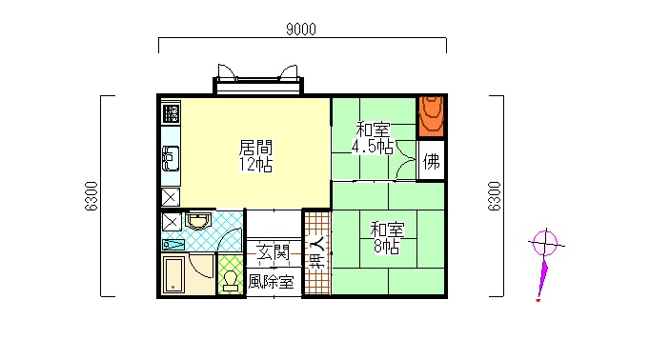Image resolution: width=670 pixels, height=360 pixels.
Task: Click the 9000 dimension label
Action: (301, 29)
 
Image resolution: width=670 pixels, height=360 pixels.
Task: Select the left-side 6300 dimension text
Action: (91, 196)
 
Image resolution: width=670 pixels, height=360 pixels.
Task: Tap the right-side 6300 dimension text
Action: (494, 196)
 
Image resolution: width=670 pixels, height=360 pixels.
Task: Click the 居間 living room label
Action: (255, 148)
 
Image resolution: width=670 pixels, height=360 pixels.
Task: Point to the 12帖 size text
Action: (255, 165)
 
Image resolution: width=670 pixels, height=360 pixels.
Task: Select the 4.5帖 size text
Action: (373, 147)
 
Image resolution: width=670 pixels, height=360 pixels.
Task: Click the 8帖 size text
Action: (387, 247)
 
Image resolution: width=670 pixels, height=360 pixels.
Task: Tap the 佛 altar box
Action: (431, 161)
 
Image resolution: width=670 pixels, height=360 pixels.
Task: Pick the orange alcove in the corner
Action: (431, 116)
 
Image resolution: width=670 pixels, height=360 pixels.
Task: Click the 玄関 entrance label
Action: (274, 252)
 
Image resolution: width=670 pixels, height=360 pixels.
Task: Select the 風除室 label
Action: (271, 282)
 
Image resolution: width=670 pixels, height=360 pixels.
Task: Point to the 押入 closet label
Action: (317, 252)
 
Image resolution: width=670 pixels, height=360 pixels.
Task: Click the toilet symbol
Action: (231, 281)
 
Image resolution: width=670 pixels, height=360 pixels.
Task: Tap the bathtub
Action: (173, 274)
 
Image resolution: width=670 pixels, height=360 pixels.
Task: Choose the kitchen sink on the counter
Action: (171, 158)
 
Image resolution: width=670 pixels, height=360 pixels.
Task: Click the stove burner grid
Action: (171, 112)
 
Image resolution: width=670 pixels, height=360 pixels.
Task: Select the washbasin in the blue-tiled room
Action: (198, 221)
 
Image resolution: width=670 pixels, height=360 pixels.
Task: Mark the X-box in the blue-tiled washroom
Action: (172, 222)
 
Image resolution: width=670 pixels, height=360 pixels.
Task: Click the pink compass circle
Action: (545, 244)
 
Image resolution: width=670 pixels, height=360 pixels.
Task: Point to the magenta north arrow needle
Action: (542, 277)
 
